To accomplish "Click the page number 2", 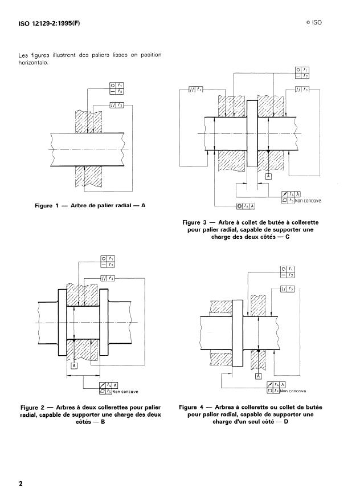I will point(21,484).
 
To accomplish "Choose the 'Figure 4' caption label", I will point(194,408).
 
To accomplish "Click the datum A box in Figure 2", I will point(73,365).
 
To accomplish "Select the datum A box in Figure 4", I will point(259,376).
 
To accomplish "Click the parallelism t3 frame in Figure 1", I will point(116,105).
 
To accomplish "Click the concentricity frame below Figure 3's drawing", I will point(246,205).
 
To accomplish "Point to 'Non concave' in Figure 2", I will point(126,392).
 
